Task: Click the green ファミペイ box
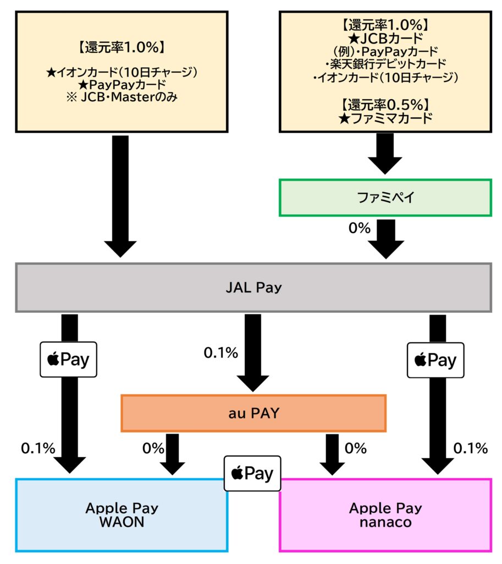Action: (385, 197)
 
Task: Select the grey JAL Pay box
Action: (253, 288)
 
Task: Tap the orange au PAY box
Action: (253, 413)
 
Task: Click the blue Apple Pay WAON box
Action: (122, 514)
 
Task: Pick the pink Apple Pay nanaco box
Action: (385, 514)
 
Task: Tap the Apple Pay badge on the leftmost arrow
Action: (69, 360)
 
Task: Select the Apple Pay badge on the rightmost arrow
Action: (435, 360)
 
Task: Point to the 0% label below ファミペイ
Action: (360, 227)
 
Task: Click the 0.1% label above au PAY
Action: (220, 353)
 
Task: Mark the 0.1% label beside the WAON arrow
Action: (38, 448)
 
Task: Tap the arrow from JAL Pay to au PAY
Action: (252, 352)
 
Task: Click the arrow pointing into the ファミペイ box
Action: (385, 154)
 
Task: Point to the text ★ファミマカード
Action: (385, 118)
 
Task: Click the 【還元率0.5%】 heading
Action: (385, 104)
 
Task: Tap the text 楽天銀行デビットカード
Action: (385, 64)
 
